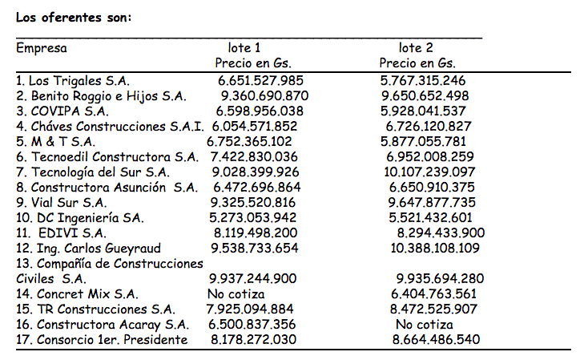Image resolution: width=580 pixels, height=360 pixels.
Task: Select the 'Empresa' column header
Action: pos(42,48)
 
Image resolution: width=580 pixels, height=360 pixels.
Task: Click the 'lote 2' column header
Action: pos(416,48)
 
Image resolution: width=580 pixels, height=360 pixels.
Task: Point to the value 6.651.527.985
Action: pos(260,80)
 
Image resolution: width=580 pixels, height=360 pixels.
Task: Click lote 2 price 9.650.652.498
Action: pos(425,95)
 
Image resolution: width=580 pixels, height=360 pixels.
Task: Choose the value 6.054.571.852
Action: pos(254,126)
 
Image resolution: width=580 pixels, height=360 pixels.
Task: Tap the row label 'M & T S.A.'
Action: pos(54,141)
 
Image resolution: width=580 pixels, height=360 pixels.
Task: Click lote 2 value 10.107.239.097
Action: pos(429,172)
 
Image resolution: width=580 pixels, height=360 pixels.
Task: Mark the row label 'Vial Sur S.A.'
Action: pos(61,202)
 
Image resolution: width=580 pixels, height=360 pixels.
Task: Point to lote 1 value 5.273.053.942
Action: pos(252,217)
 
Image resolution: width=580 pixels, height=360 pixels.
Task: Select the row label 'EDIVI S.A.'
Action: pos(66,233)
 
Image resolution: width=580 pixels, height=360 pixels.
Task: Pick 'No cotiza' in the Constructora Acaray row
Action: pos(425,325)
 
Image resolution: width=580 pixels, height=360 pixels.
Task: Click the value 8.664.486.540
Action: pos(436,340)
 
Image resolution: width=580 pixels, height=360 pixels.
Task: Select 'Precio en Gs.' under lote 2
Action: pos(417,63)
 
